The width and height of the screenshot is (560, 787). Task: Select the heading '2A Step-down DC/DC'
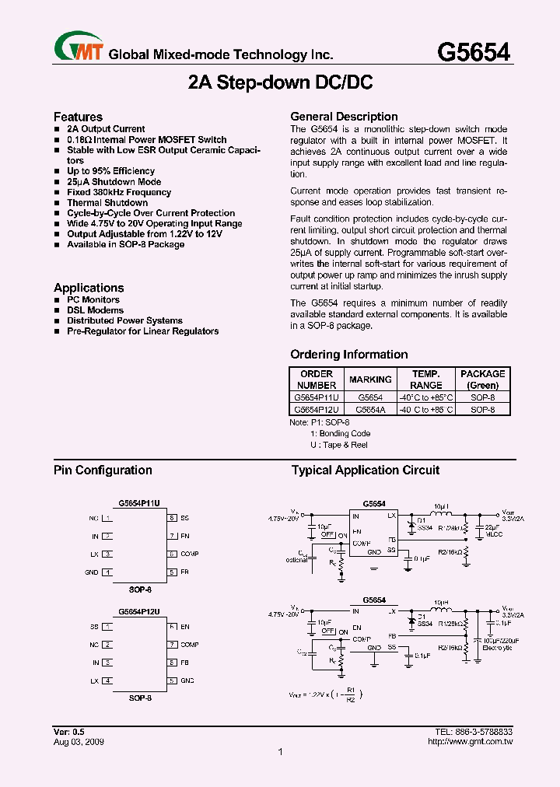tap(279, 82)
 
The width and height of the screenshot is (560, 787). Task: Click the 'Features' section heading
tap(78, 117)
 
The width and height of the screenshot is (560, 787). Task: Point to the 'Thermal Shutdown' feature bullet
tap(107, 202)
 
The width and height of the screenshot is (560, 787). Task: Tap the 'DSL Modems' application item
tap(95, 310)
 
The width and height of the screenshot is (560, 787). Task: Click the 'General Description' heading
tap(344, 117)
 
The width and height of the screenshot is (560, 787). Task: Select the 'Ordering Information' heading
tap(348, 355)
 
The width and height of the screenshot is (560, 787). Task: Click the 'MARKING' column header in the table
tap(370, 380)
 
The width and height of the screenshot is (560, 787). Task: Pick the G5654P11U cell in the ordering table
tap(317, 397)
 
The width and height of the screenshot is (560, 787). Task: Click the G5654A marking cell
tap(370, 409)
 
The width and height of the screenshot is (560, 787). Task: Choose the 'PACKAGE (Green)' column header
tap(482, 380)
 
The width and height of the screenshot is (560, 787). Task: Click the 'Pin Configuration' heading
tap(103, 470)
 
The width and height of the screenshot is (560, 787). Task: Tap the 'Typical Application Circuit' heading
tap(366, 470)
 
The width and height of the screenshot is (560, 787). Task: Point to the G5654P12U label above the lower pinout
tap(140, 612)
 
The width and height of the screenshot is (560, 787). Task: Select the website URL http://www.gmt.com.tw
tap(471, 742)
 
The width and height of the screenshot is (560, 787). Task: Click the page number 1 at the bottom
tap(280, 752)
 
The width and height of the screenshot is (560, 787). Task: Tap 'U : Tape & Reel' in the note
tap(338, 445)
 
